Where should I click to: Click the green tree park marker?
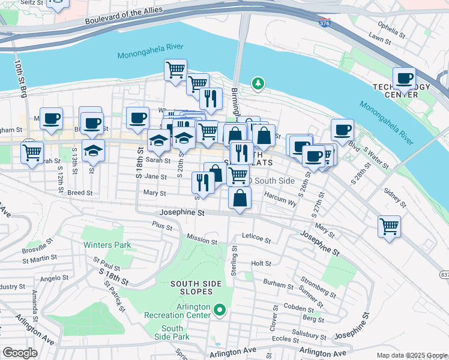point(258,83)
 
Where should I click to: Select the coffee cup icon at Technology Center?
point(404,79)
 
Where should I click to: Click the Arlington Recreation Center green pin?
point(220,310)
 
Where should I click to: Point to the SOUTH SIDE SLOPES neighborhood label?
point(191,287)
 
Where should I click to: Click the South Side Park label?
point(172,332)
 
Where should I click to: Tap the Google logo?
point(20,353)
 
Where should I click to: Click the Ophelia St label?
point(393,26)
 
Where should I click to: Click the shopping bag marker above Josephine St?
point(240,199)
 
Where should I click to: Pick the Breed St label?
point(80,193)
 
